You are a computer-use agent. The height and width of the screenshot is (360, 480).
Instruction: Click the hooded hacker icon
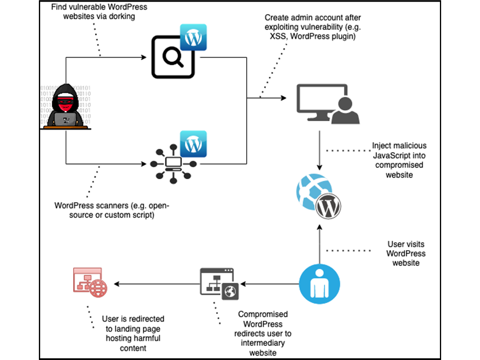tap(66, 107)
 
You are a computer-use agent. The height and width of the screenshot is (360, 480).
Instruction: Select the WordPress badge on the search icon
tap(193, 37)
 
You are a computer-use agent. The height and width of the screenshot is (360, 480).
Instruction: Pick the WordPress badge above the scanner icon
tap(193, 144)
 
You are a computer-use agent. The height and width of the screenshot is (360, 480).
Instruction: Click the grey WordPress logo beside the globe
tap(328, 207)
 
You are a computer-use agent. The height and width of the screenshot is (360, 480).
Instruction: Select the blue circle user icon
tap(320, 283)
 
